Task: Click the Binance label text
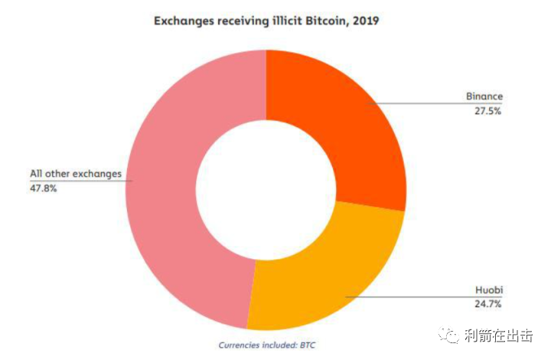click(484, 97)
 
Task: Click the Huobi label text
click(490, 291)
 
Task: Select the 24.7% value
click(488, 304)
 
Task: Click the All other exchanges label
click(76, 174)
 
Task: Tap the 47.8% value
click(43, 187)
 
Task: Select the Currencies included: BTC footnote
click(266, 345)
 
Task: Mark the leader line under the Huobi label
click(429, 297)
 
